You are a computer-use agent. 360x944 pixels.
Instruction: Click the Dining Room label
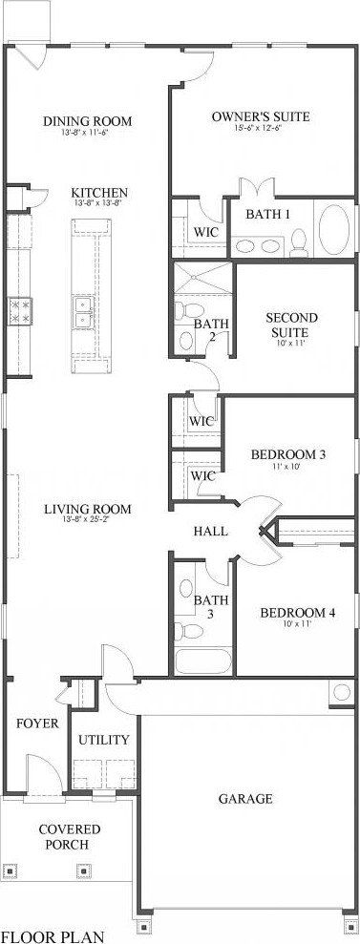[x=87, y=121]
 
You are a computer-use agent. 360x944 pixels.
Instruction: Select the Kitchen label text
[x=99, y=193]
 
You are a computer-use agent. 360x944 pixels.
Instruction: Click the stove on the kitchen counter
[x=19, y=310]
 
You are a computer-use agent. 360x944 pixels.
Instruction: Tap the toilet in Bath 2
[x=187, y=311]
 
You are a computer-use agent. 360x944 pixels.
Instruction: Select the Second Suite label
[x=291, y=325]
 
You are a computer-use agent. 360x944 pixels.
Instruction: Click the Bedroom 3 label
[x=288, y=455]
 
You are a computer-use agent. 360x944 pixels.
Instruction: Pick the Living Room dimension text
[x=87, y=521]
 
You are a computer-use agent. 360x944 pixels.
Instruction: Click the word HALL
[x=210, y=531]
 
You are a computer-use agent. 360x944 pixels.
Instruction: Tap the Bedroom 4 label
[x=297, y=613]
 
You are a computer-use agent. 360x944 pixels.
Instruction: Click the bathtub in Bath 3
[x=201, y=661]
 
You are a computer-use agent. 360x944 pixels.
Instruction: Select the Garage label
[x=245, y=798]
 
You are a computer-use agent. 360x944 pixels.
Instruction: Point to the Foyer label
[x=37, y=724]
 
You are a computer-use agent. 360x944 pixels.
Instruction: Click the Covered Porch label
[x=63, y=837]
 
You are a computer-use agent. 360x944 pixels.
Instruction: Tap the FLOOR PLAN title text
[x=53, y=936]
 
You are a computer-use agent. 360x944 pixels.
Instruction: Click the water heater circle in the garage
[x=340, y=694]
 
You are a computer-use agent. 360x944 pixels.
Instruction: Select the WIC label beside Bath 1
[x=206, y=232]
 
